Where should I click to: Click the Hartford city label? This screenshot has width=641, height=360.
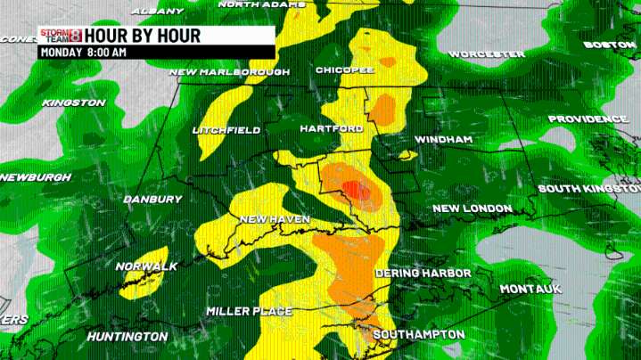point(332,129)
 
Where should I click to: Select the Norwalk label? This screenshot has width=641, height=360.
point(146,266)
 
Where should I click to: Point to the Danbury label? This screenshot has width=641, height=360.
point(152,199)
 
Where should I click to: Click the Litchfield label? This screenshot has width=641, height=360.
point(226,130)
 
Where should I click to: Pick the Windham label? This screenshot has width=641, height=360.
point(443,140)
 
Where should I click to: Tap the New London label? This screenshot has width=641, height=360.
point(472,209)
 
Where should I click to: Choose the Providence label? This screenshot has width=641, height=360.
point(588,119)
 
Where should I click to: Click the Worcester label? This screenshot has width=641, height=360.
point(486,54)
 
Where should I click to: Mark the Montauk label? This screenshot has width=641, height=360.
point(530,290)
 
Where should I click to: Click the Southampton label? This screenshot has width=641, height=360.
point(418,334)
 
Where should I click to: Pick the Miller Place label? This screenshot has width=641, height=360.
point(249,311)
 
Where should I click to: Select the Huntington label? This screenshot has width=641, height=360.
point(127,337)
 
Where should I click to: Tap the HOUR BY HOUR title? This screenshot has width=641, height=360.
point(143,36)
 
